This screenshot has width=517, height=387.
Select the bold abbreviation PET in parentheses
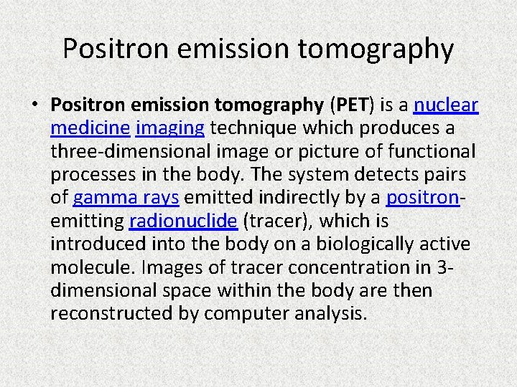[x=351, y=105]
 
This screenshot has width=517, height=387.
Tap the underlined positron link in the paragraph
[x=421, y=197]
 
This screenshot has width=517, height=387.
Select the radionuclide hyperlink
[x=183, y=221]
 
